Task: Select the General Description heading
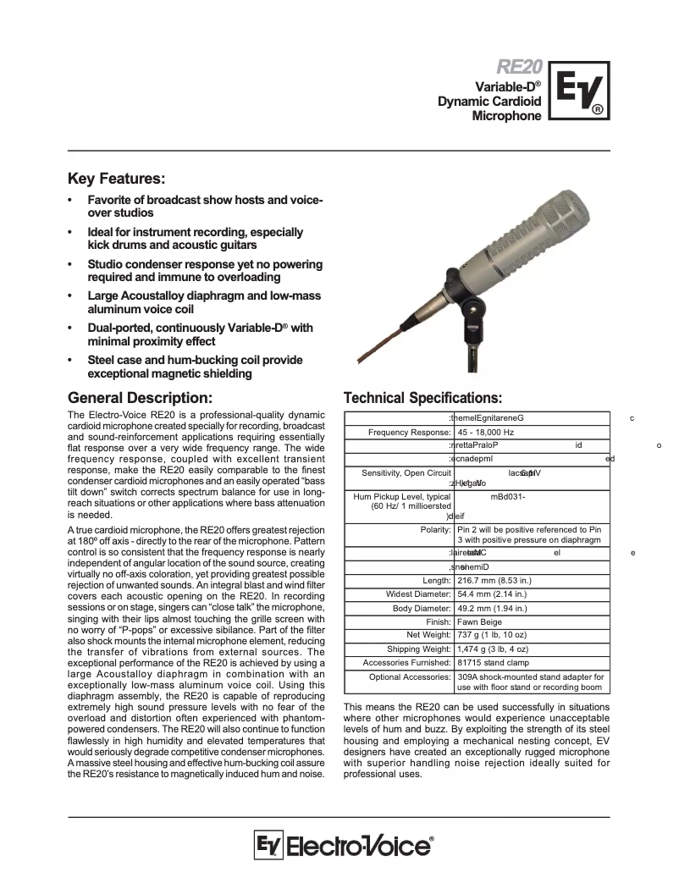point(146,397)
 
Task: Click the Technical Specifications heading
point(422,398)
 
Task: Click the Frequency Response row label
point(410,432)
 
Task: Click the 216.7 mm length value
point(494,581)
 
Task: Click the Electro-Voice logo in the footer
point(343,847)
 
